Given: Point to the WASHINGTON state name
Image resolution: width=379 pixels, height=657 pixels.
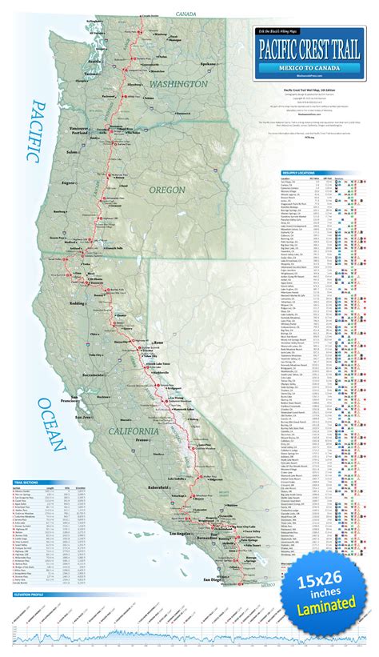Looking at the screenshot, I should (x=176, y=82).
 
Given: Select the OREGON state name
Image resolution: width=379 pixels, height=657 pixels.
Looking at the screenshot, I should (x=167, y=190).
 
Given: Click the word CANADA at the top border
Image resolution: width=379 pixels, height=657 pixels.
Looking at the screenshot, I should (x=186, y=14).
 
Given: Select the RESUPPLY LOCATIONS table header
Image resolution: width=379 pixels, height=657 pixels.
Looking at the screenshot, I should (x=300, y=172).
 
